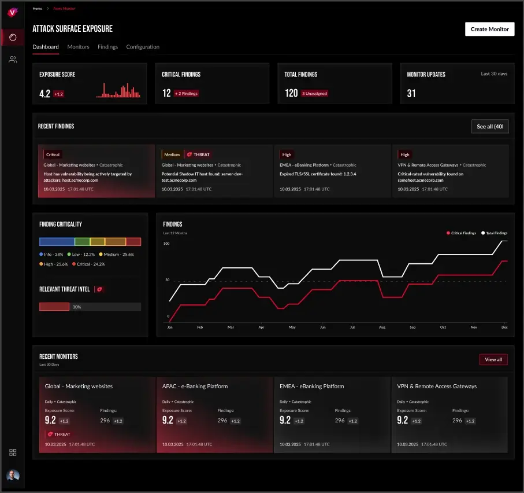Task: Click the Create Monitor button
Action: [489, 29]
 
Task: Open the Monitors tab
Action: [78, 47]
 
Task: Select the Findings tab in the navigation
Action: [107, 47]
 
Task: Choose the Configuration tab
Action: [143, 47]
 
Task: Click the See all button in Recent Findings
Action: [490, 126]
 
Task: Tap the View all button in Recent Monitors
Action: [493, 359]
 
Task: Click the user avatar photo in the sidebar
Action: [13, 476]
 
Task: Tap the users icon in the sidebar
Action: [13, 60]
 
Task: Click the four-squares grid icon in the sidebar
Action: [13, 452]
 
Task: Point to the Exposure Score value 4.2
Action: [44, 93]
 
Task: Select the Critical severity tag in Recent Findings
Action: [53, 154]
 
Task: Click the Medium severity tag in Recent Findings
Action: [172, 154]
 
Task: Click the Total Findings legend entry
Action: [494, 233]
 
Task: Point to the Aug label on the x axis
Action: [382, 327]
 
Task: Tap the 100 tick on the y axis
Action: [166, 244]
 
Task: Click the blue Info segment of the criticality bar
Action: [57, 241]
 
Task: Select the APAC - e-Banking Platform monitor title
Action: [195, 386]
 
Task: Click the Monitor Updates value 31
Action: [411, 93]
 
